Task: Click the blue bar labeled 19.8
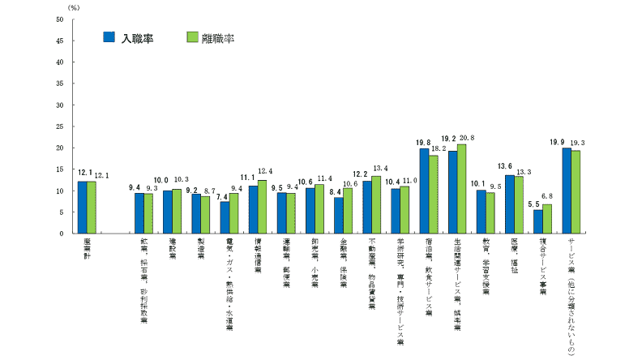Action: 424,191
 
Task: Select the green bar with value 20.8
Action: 462,189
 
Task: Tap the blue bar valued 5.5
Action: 538,221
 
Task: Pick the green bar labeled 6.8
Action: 547,219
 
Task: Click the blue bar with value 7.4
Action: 225,217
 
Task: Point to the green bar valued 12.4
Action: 262,207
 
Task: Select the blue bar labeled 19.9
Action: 567,191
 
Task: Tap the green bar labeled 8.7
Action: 205,215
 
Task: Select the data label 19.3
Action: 578,143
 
